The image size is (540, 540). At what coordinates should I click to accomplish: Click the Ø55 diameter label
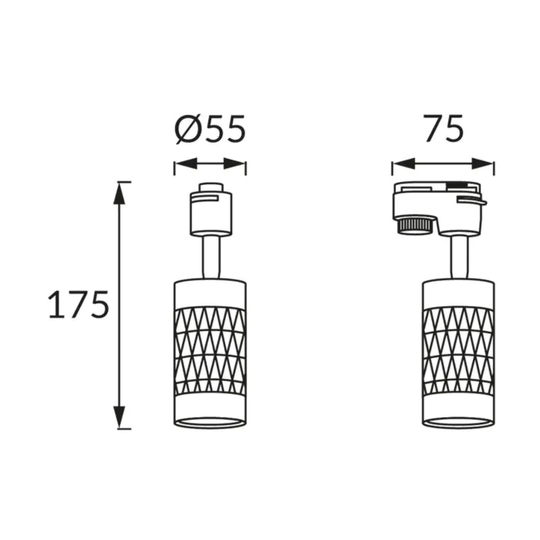click(x=211, y=129)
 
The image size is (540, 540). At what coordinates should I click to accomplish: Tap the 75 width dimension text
click(x=444, y=129)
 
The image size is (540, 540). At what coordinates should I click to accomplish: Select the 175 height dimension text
click(x=79, y=305)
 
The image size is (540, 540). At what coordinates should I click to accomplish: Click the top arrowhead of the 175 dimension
click(x=120, y=193)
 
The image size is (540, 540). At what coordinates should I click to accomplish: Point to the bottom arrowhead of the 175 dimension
click(x=120, y=417)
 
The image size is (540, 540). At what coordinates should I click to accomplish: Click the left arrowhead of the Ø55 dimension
click(x=186, y=164)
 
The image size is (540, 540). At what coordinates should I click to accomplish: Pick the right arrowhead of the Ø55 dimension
click(x=235, y=164)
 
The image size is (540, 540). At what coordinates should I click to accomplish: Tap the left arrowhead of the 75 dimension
click(x=403, y=164)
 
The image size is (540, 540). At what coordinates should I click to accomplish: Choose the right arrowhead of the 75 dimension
click(x=483, y=164)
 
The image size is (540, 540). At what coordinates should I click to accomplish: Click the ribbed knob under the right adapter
click(x=416, y=225)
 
